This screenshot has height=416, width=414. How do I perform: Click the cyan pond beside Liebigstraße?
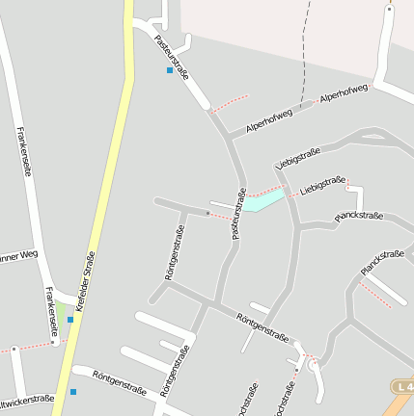pos(263,200)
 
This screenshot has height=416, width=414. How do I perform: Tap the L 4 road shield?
pos(403,386)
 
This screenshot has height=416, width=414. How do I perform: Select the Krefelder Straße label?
pos(85,278)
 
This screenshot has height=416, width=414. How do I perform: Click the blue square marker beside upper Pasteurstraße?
pos(170,70)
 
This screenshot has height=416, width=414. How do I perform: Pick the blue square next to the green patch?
pos(69,320)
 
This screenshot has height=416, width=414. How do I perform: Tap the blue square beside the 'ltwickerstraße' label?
pos(72,392)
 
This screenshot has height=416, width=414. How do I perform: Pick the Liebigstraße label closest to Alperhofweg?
pos(297,156)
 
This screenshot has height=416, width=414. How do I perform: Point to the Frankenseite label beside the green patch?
pos(48,309)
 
